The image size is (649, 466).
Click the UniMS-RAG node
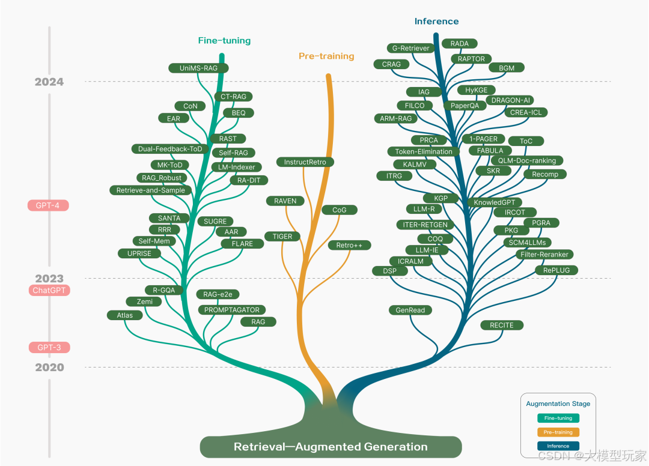click(198, 68)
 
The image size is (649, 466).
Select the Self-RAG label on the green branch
click(233, 153)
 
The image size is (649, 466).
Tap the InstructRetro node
click(305, 162)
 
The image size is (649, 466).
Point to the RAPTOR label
click(471, 59)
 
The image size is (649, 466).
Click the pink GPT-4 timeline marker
click(48, 205)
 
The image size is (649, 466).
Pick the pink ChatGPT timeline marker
click(49, 290)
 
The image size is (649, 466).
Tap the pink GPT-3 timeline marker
click(49, 347)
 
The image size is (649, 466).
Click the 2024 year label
click(49, 82)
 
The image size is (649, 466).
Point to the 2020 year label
click(49, 368)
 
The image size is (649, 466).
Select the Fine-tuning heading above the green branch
click(224, 41)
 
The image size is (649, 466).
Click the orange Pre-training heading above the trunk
click(326, 56)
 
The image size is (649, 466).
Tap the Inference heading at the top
click(436, 22)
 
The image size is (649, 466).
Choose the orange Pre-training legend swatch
click(558, 432)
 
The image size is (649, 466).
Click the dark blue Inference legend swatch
click(558, 446)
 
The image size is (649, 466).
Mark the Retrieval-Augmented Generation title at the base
click(331, 447)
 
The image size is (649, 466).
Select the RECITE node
click(502, 325)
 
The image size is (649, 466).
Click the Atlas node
click(124, 315)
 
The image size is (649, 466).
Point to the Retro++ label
click(349, 245)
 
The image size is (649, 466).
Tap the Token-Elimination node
click(424, 151)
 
